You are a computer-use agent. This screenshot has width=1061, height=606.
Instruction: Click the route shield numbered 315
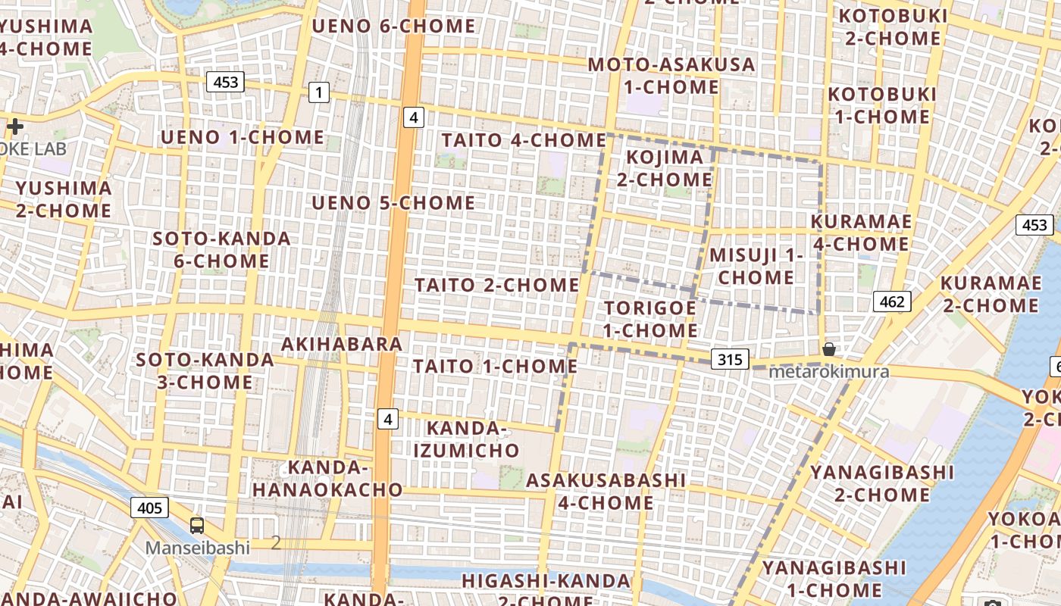tap(730, 358)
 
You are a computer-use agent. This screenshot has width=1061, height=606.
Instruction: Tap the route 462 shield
tap(891, 301)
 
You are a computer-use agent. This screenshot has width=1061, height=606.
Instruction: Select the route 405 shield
tap(149, 507)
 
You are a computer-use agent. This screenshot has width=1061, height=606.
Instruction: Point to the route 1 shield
tap(319, 93)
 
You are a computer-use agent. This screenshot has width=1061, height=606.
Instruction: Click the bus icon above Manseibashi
tap(197, 525)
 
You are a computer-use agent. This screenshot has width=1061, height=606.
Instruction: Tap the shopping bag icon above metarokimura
tap(829, 349)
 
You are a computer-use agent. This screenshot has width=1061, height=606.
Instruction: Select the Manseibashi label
tap(198, 547)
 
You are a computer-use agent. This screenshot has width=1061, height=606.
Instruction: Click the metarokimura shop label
tap(829, 372)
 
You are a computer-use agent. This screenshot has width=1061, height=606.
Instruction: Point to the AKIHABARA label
tap(342, 344)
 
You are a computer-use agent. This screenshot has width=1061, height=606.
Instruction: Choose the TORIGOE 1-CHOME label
tap(650, 319)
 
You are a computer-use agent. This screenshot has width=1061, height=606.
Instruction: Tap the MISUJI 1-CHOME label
tap(756, 266)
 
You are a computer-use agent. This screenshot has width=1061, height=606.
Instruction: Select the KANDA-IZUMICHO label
tap(467, 439)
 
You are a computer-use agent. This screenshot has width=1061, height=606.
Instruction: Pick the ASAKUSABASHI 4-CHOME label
tap(606, 491)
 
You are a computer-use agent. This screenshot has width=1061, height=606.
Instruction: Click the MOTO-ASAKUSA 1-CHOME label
tap(671, 76)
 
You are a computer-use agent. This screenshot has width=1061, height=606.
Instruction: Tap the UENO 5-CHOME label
tap(393, 203)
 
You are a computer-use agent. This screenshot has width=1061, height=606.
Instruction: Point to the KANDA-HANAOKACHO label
tap(327, 478)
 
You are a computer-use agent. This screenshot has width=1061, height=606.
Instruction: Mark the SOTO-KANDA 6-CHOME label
tap(221, 249)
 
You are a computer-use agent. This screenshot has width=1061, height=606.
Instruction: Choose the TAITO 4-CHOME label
tap(524, 140)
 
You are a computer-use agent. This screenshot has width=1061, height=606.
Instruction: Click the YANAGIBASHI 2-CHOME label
tap(882, 483)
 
